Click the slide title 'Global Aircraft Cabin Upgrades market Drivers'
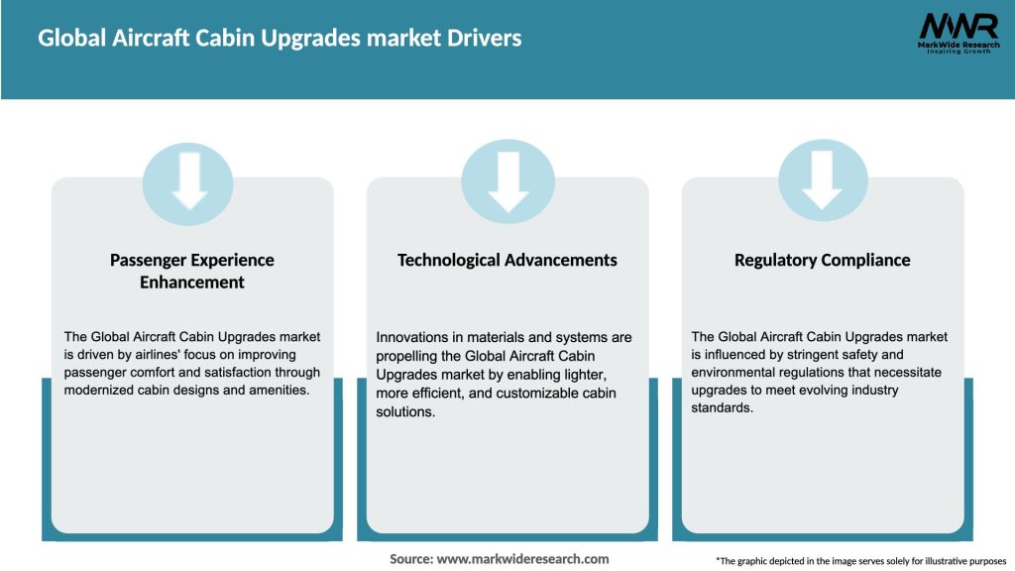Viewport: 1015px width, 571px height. pyautogui.click(x=280, y=39)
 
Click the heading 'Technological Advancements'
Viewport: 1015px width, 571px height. pyautogui.click(x=507, y=260)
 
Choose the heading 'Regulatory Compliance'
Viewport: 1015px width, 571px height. pyautogui.click(x=822, y=260)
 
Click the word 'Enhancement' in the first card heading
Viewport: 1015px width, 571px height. pyautogui.click(x=192, y=283)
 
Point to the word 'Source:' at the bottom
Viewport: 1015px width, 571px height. pyautogui.click(x=411, y=559)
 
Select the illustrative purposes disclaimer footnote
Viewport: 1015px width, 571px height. pyautogui.click(x=860, y=561)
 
